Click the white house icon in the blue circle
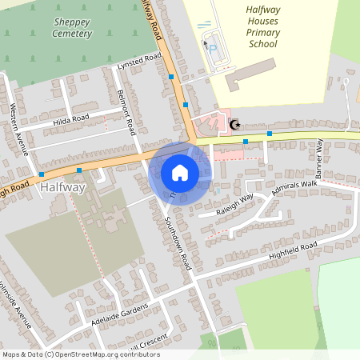(x=180, y=173)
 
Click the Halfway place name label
(x=61, y=187)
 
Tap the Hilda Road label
(x=70, y=119)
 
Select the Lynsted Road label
(x=139, y=62)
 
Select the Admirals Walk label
(x=294, y=190)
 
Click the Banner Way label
(x=318, y=158)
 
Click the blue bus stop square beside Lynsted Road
(x=171, y=77)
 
